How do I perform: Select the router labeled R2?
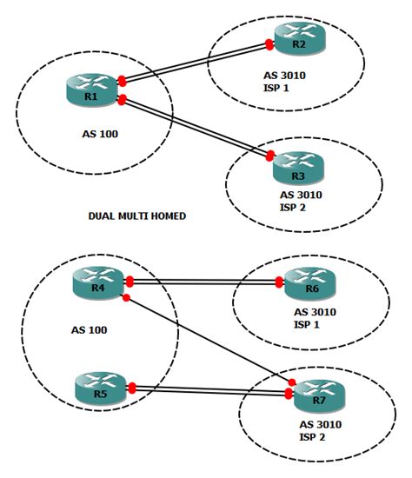298,39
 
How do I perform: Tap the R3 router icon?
298,163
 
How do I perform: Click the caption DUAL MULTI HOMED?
137,216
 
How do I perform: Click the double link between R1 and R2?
196,62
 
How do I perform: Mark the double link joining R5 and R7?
209,390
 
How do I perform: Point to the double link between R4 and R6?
204,282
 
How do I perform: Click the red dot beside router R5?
131,388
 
